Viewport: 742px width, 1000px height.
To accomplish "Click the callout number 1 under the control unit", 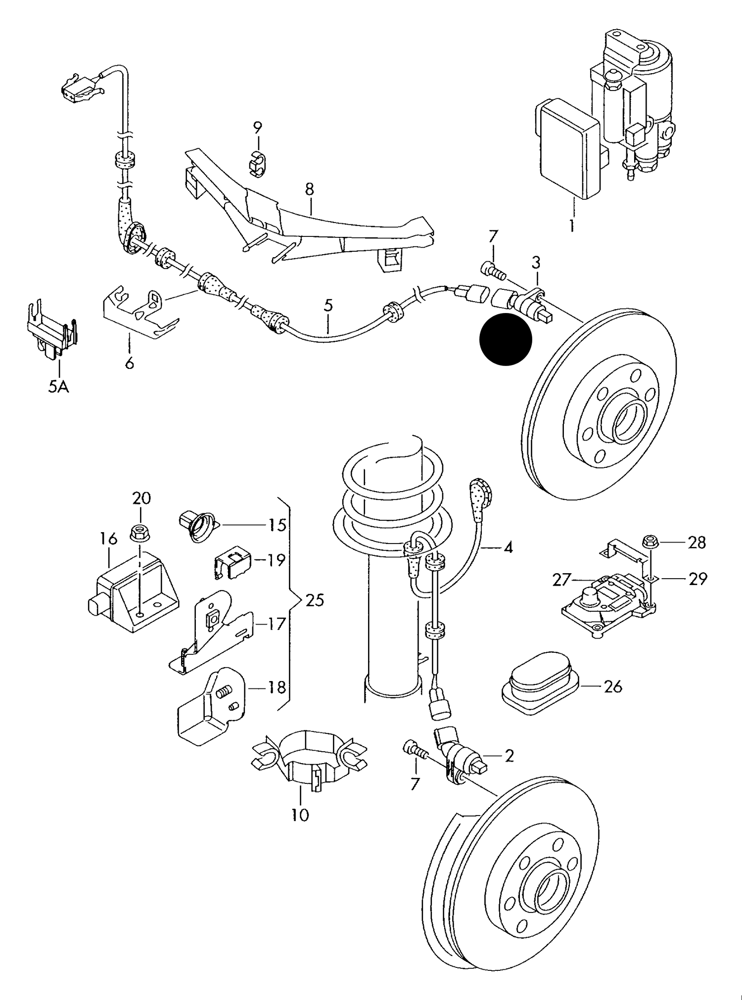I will (x=571, y=226).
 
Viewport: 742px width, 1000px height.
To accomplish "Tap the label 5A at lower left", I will (x=58, y=386).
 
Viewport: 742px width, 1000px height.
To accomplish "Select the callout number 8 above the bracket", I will (x=309, y=189).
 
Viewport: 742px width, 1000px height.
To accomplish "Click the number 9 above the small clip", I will (x=257, y=127).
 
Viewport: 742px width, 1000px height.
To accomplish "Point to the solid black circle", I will (x=505, y=340).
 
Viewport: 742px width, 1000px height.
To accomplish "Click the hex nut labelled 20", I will (x=140, y=533).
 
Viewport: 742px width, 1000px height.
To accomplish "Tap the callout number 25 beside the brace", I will (x=315, y=600).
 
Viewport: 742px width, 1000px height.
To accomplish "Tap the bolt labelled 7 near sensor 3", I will (x=491, y=270).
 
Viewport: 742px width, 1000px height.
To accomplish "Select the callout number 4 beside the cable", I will (x=508, y=547).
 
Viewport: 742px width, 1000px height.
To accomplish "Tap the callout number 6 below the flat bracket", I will (x=129, y=364).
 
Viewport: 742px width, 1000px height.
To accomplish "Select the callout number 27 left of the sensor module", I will (x=562, y=579).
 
